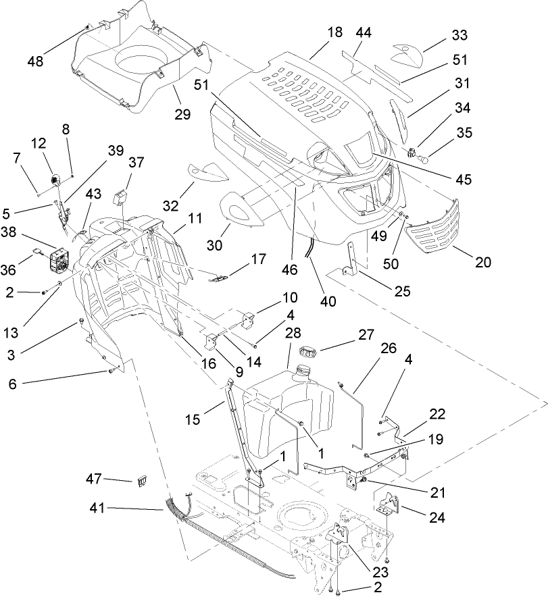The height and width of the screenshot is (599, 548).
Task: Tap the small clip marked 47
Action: point(142,481)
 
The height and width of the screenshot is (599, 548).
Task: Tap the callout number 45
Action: point(464,180)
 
